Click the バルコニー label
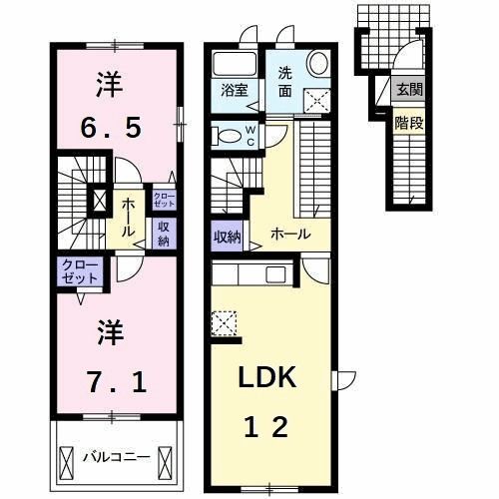pos(116,456)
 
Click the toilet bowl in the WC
pos(227,137)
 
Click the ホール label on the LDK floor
pos(290,234)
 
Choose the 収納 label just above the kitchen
pos(227,237)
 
